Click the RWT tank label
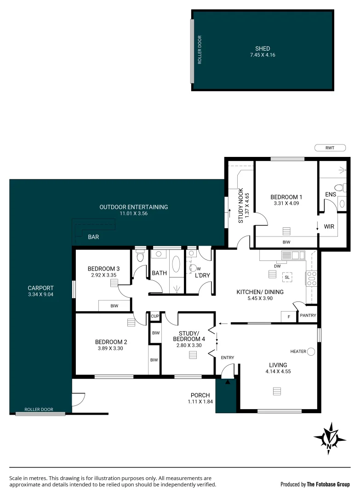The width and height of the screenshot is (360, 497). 330,148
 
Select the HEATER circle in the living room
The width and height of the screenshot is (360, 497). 311,352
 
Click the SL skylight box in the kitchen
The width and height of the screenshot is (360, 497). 287,277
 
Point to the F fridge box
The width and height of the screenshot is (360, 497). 288,317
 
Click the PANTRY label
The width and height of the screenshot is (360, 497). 308,316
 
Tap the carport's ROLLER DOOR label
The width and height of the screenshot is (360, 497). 39,409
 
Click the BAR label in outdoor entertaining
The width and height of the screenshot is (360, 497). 93,237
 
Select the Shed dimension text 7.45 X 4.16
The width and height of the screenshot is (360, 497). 263,55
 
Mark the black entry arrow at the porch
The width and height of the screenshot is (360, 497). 228,381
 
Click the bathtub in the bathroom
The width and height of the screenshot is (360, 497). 176,265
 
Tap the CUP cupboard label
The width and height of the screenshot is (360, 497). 154,317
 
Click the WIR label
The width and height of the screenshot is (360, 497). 329,227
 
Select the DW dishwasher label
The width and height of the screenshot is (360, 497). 277,266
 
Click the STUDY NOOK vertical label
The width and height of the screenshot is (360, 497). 241,205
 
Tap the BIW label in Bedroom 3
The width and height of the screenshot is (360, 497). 114,305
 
